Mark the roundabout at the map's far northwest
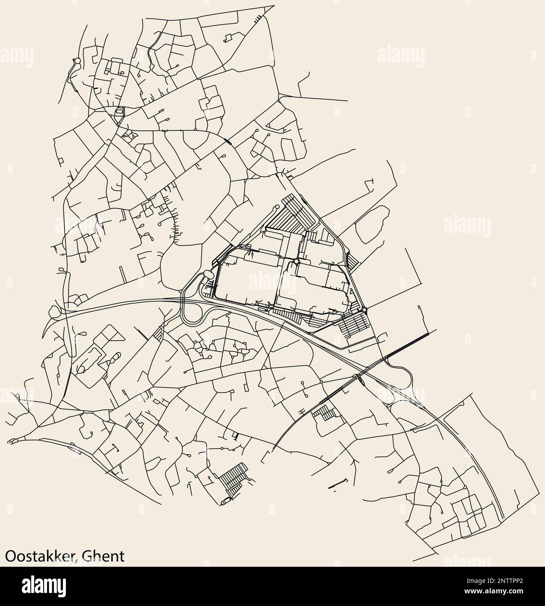click(x=77, y=61)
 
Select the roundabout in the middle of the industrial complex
click(x=297, y=261)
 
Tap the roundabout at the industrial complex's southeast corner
click(x=364, y=310)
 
